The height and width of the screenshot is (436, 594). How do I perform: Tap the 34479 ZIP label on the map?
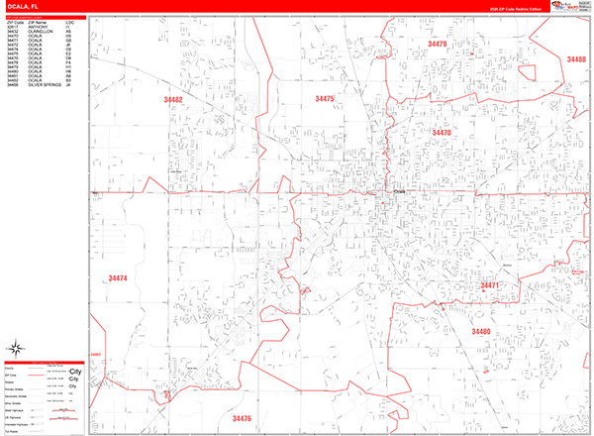tap(437, 45)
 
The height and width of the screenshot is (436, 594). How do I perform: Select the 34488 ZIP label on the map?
tap(576, 59)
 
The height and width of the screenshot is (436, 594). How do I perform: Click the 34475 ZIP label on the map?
tap(325, 99)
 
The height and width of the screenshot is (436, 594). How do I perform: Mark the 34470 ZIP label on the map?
tap(442, 133)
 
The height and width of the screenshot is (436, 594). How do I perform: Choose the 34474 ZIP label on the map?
tap(118, 278)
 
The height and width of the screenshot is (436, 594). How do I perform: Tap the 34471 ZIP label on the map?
tap(490, 285)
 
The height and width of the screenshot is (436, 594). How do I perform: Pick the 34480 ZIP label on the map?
tap(481, 331)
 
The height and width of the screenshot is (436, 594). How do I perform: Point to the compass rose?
tap(16, 347)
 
